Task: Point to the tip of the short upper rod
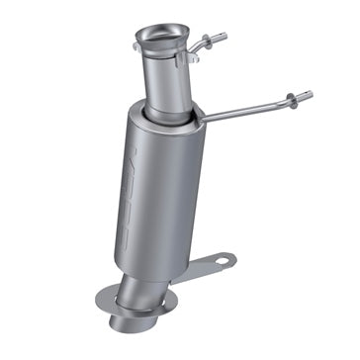point(225,37)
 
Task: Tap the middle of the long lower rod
point(247,108)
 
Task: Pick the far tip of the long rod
point(310,95)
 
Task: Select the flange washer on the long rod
point(292,98)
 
